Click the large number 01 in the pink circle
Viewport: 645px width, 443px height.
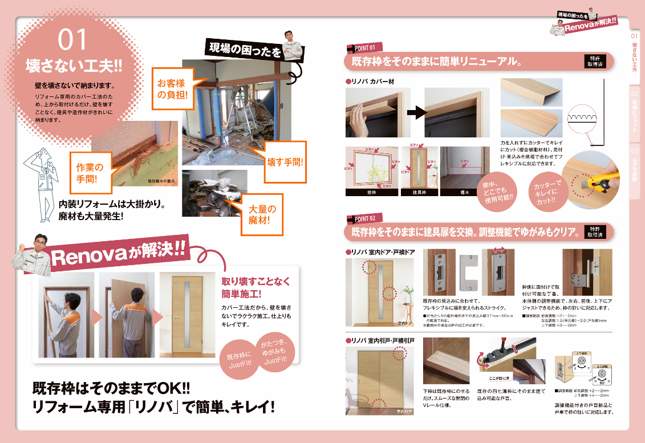(72, 40)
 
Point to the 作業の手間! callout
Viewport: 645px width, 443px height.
(90, 173)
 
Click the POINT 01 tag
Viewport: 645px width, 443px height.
(364, 47)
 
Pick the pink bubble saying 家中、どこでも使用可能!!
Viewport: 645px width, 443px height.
(497, 190)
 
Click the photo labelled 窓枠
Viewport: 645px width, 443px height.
(370, 170)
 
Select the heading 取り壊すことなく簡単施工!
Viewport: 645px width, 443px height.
(255, 287)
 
